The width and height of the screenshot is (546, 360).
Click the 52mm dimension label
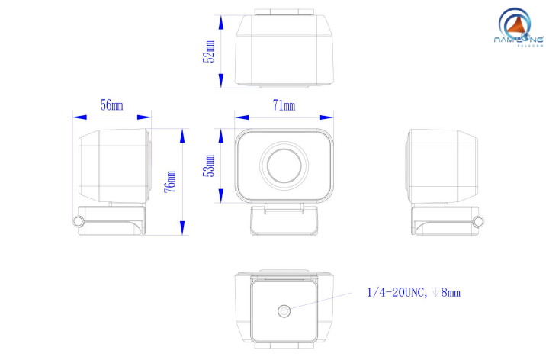click(209, 52)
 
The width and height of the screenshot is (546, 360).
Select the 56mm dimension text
click(112, 104)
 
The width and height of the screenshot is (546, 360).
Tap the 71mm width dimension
click(284, 105)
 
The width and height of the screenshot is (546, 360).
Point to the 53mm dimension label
click(209, 166)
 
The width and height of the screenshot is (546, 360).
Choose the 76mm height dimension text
click(170, 182)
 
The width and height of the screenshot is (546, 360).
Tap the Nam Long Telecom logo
click(518, 28)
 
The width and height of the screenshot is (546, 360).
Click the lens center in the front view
click(284, 166)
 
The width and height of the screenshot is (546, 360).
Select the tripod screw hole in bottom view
click(284, 311)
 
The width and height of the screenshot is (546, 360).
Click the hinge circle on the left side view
click(79, 220)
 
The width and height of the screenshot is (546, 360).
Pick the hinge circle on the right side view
click(479, 221)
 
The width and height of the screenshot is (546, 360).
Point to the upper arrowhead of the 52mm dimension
click(221, 22)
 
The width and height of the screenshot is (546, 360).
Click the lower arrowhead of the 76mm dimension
click(182, 228)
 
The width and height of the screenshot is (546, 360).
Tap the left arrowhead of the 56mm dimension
click(80, 117)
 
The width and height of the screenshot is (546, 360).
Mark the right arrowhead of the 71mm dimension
click(326, 117)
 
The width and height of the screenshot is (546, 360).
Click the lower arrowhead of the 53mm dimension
click(221, 196)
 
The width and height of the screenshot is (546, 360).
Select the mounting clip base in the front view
click(284, 220)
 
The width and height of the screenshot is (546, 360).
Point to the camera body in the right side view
click(442, 166)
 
